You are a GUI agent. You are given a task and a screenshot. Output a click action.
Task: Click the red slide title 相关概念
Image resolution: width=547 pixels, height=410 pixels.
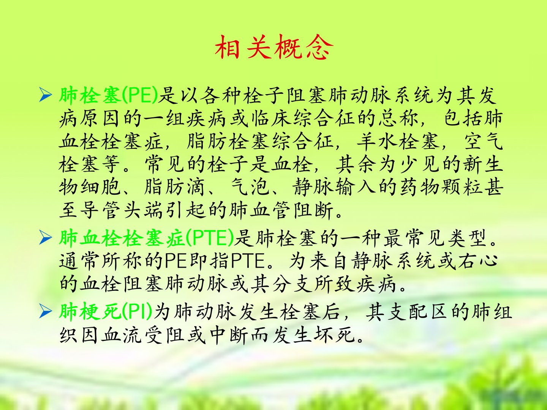[x=274, y=47]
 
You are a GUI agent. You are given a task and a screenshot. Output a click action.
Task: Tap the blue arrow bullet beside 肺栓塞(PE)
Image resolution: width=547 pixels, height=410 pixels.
[x=46, y=95]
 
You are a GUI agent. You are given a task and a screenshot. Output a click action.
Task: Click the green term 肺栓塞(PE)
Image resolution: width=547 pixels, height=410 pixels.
[x=109, y=95]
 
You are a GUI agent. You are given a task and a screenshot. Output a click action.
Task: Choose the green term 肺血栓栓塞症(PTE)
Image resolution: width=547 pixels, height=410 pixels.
[x=147, y=238]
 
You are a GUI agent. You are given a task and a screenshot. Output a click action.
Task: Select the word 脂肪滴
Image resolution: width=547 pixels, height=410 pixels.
[x=174, y=187]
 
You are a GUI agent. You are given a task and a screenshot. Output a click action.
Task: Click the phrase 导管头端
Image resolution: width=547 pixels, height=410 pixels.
[x=122, y=210]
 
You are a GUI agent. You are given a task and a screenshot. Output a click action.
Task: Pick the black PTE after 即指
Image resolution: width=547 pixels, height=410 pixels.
[x=248, y=261]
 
